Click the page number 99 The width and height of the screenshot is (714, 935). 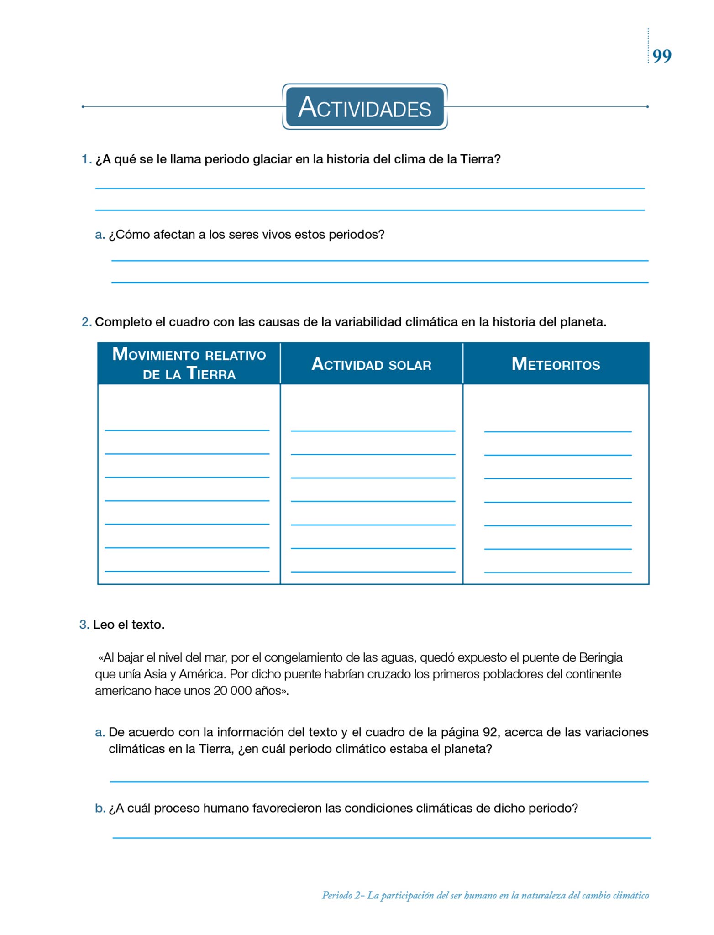click(662, 56)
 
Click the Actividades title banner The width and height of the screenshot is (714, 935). click(365, 107)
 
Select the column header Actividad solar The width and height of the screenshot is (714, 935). click(371, 364)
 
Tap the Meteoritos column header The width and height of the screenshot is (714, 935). click(556, 364)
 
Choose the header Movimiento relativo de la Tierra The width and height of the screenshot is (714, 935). click(189, 364)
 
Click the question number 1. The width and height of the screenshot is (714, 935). click(86, 159)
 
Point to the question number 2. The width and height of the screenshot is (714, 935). click(86, 322)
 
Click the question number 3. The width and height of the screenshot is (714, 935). click(84, 625)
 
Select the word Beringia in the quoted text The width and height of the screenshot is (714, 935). click(601, 657)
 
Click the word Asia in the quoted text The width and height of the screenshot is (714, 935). click(156, 674)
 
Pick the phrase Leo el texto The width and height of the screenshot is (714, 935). click(129, 625)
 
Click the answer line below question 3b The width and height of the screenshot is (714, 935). click(381, 837)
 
